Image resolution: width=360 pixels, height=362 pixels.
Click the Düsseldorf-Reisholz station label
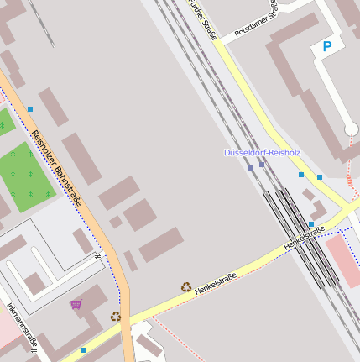click(262, 153)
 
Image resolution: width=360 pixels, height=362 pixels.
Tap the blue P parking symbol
click(327, 47)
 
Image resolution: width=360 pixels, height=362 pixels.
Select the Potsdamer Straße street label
click(264, 19)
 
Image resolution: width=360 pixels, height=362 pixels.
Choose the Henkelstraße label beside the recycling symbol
click(216, 282)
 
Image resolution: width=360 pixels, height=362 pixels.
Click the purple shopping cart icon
click(76, 304)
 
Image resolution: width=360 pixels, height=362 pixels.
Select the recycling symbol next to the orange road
click(115, 317)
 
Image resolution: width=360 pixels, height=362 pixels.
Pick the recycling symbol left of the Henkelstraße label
click(185, 286)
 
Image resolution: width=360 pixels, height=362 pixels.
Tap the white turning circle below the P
click(351, 129)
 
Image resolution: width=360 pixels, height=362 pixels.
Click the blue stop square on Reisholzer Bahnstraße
click(30, 109)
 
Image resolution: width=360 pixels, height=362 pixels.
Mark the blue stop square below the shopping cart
click(83, 349)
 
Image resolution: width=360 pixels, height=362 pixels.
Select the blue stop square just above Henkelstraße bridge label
click(311, 224)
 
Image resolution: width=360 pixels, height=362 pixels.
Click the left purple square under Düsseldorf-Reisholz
click(251, 168)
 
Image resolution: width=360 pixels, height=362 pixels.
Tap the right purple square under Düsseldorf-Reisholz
click(262, 165)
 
